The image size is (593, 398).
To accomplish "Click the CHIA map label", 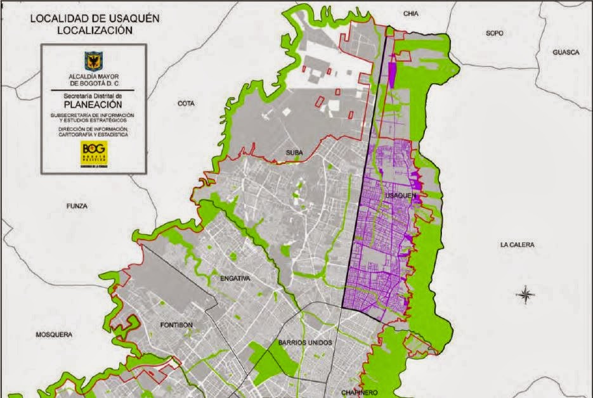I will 412,13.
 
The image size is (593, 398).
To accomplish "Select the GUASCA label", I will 566,53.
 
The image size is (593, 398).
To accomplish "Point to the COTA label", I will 186,103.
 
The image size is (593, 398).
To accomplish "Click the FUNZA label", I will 76,206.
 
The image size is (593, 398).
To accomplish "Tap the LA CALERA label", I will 517,245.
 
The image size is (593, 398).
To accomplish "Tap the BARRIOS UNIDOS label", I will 305,342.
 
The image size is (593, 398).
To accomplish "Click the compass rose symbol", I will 525,293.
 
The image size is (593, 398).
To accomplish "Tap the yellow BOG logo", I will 94,152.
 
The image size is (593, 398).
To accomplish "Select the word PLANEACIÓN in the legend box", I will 94,105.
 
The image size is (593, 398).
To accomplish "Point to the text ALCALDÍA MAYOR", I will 94,75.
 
